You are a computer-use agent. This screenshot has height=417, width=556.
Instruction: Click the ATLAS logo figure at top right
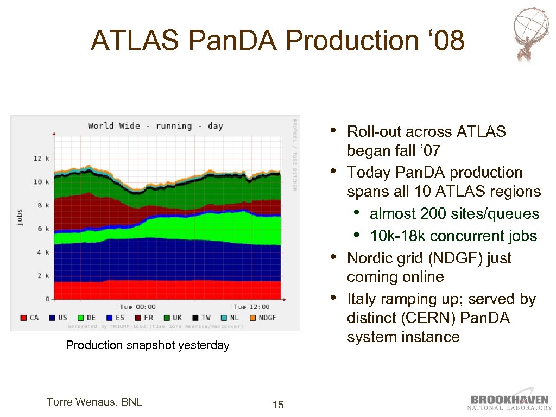pos(532,34)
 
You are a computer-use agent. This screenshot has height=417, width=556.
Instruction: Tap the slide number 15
pos(277,405)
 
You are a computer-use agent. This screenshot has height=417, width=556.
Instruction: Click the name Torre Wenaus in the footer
pos(94,402)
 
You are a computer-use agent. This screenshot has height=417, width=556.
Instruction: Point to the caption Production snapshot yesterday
pos(147,345)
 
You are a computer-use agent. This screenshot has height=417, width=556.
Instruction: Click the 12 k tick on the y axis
pos(41,158)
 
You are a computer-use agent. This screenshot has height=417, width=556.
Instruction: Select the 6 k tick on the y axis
pos(43,229)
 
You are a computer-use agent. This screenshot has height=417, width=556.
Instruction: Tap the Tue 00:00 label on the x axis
pos(137,307)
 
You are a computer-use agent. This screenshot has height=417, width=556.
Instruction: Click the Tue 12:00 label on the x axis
pos(251,307)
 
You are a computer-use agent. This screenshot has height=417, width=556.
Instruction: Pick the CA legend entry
pos(29,318)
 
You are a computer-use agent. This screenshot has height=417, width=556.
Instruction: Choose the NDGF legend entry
pos(263,318)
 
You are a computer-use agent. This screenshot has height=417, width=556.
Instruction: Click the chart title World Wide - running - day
pos(155,126)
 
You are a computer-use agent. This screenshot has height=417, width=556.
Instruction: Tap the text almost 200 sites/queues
pos(454,214)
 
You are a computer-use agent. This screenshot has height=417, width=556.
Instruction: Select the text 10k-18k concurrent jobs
pos(453,236)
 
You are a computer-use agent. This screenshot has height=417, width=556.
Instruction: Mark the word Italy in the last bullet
pos(362,299)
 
